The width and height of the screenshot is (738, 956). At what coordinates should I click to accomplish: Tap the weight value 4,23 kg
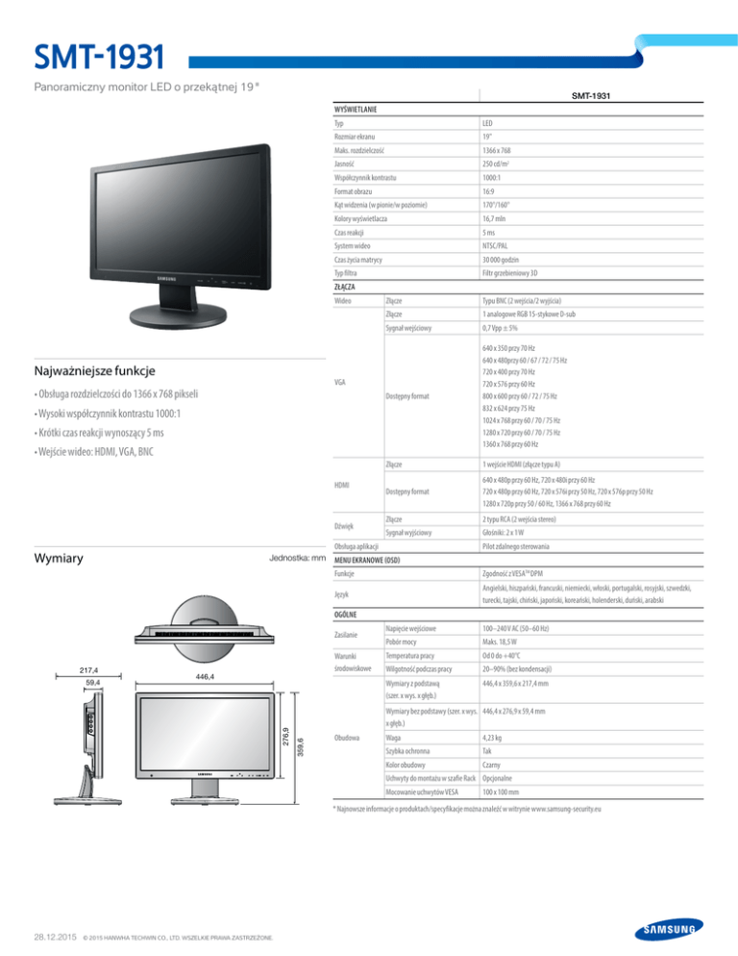[x=496, y=737]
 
